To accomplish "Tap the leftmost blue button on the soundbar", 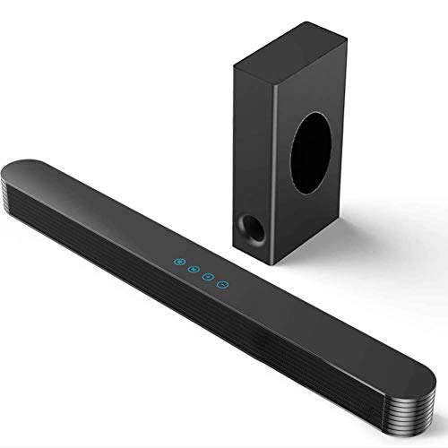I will coord(179,263).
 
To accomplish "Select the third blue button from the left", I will coord(209,275).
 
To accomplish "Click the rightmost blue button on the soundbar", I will coord(223,282).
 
